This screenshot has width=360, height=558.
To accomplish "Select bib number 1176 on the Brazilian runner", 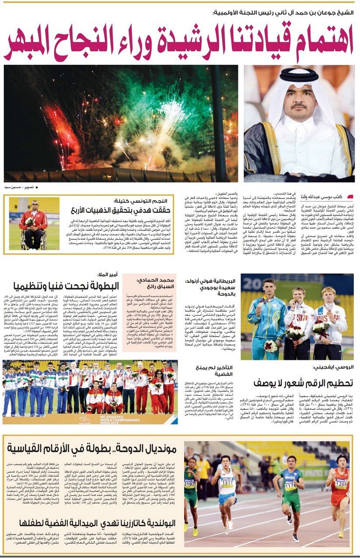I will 290,486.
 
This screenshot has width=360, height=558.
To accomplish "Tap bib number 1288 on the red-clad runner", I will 341,485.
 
